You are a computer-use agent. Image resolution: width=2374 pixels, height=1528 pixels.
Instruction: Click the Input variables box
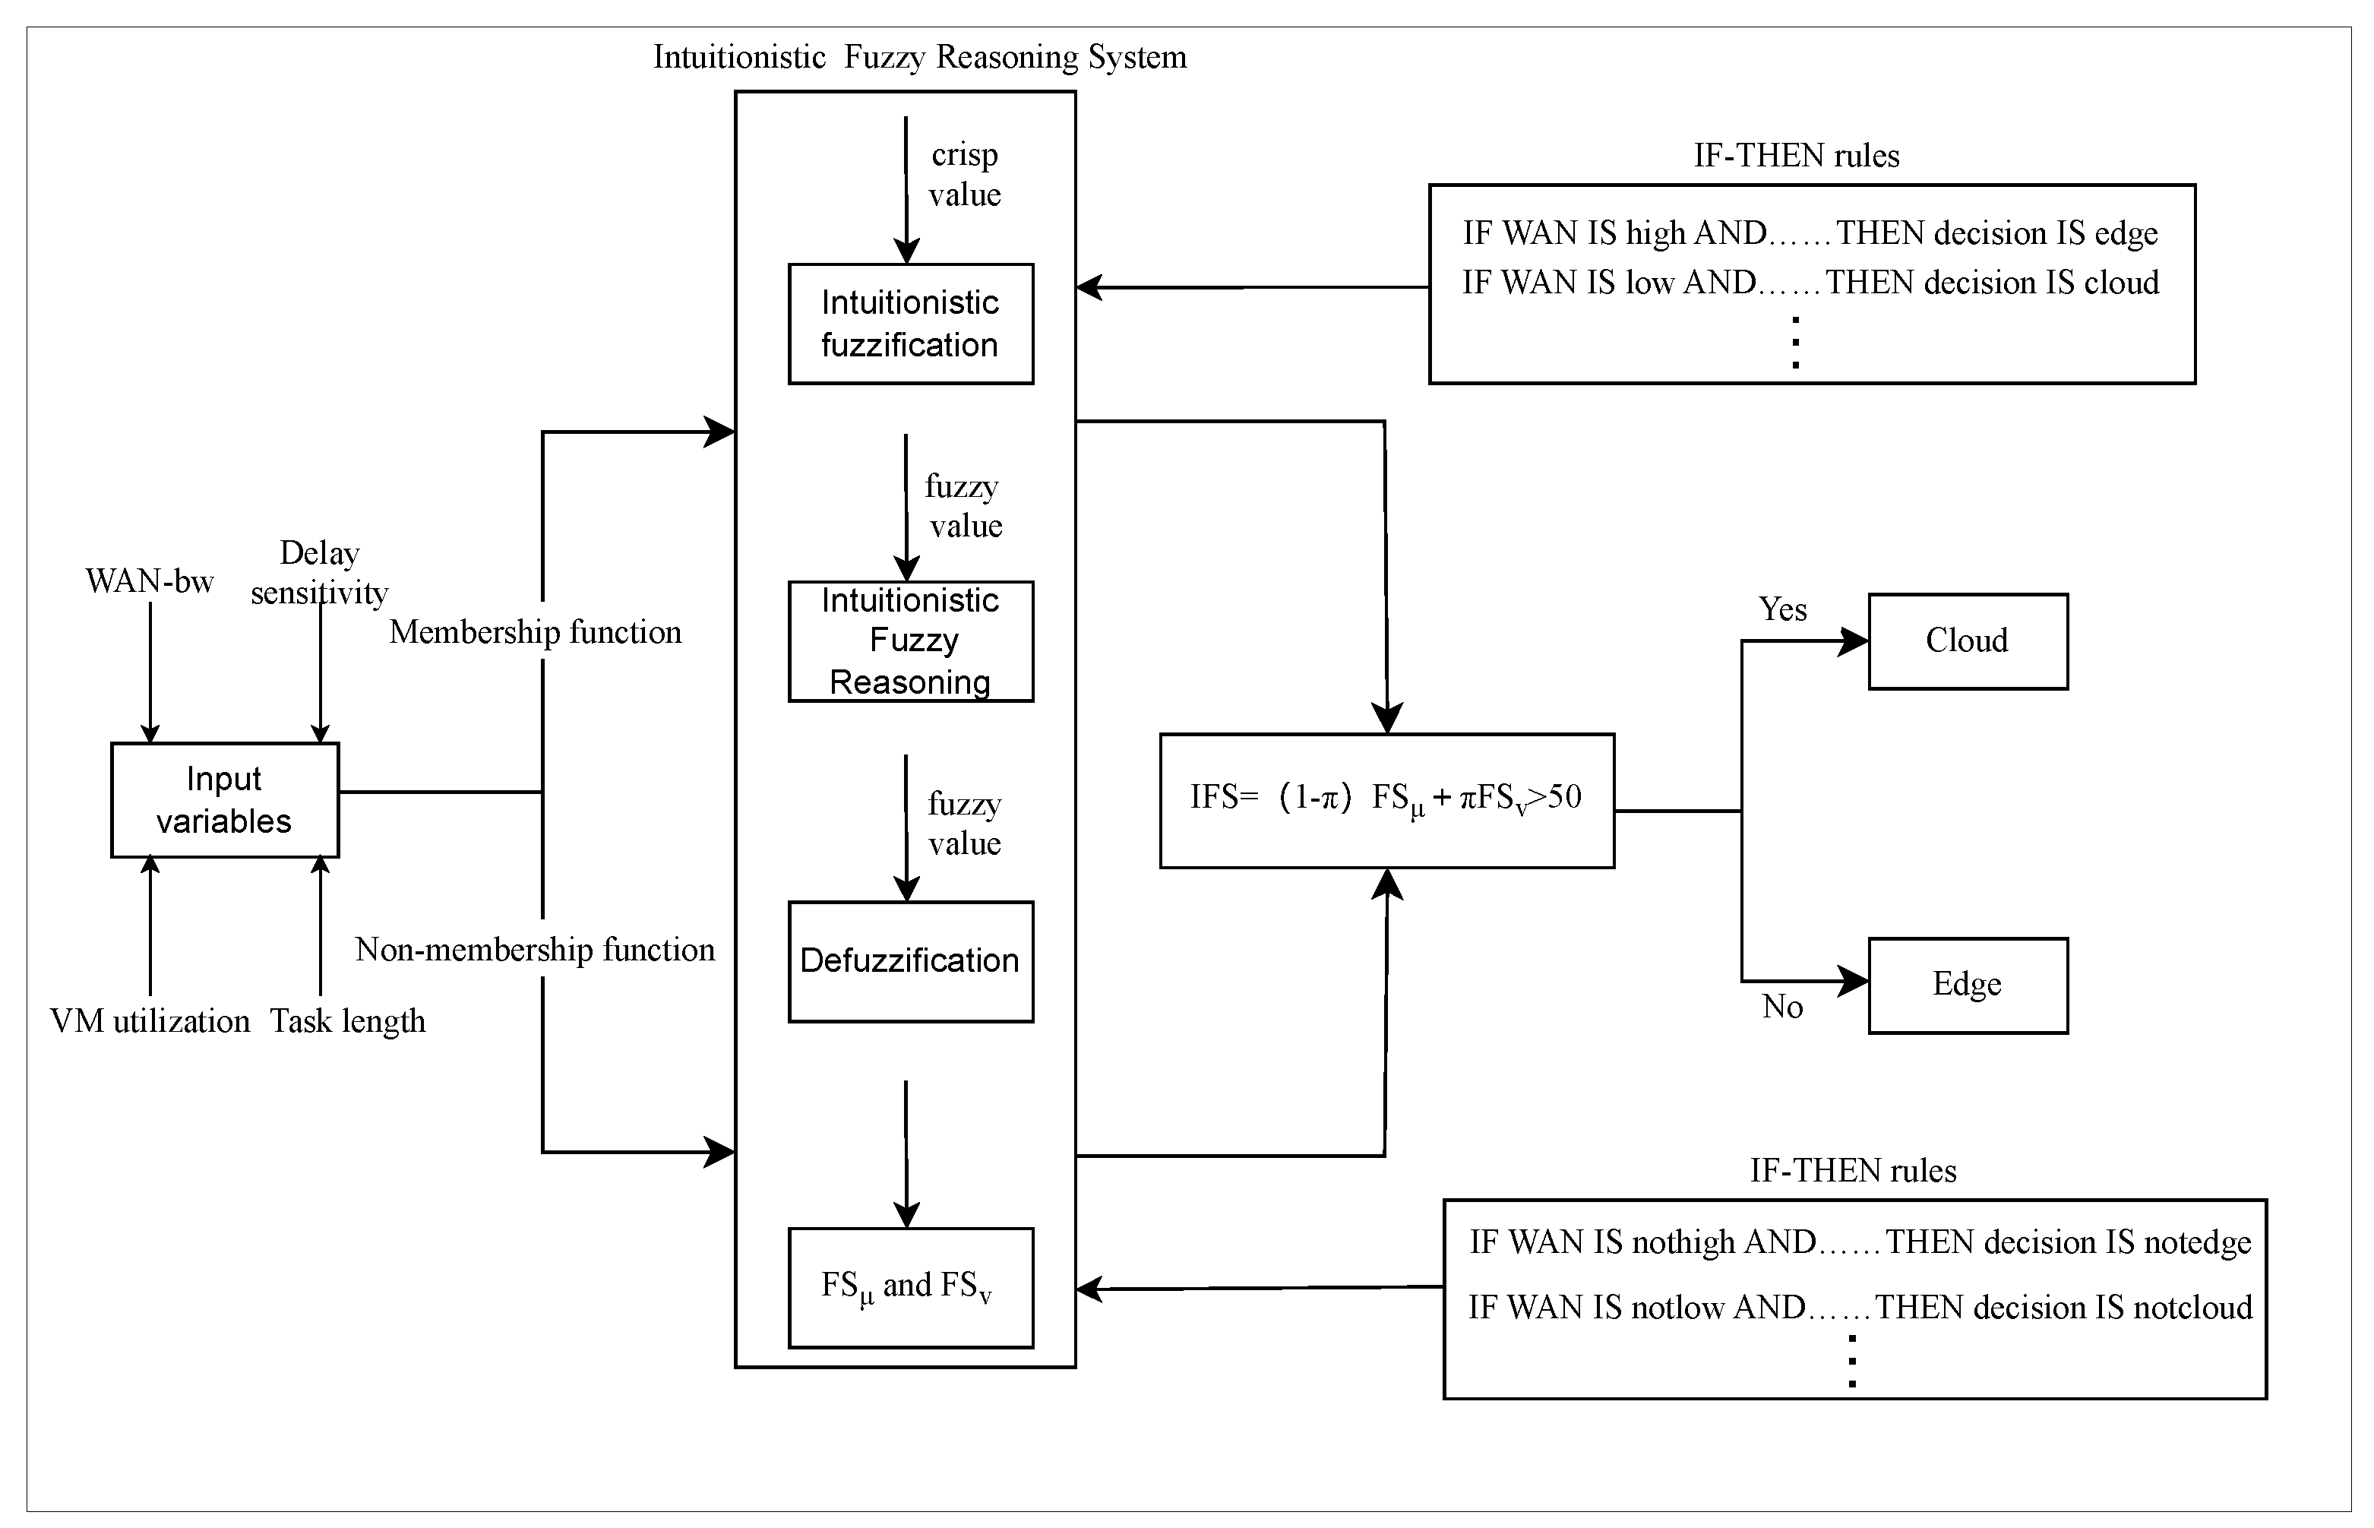pos(224,800)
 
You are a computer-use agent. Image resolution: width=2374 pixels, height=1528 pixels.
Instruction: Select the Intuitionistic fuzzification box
pos(910,324)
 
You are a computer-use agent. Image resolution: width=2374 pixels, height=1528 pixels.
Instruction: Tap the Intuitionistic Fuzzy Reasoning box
pos(910,641)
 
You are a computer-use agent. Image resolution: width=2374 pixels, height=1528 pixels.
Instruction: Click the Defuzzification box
pos(910,960)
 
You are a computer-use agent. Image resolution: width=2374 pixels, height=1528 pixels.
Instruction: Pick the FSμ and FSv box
pos(910,1287)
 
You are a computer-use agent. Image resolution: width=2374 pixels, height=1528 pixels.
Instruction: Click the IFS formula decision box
pos(1386,800)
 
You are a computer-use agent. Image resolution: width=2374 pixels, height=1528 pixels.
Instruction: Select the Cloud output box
pos(1968,641)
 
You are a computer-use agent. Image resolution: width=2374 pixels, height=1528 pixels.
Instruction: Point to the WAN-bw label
pos(150,581)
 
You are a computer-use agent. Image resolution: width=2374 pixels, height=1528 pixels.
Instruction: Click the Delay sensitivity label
pos(319,572)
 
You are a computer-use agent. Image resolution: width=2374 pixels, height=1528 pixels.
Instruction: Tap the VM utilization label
pos(150,1021)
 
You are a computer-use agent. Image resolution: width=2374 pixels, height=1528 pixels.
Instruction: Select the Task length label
pos(347,1021)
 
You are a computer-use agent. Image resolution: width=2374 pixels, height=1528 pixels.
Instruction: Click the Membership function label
pos(535,632)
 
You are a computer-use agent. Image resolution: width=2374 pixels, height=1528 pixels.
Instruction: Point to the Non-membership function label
pos(535,950)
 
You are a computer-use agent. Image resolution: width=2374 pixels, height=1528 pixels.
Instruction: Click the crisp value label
pos(964,174)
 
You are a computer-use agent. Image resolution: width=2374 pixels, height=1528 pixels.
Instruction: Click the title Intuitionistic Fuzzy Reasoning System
pos(920,58)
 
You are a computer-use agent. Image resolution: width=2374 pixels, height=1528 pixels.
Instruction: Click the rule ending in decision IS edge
pos(1810,233)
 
